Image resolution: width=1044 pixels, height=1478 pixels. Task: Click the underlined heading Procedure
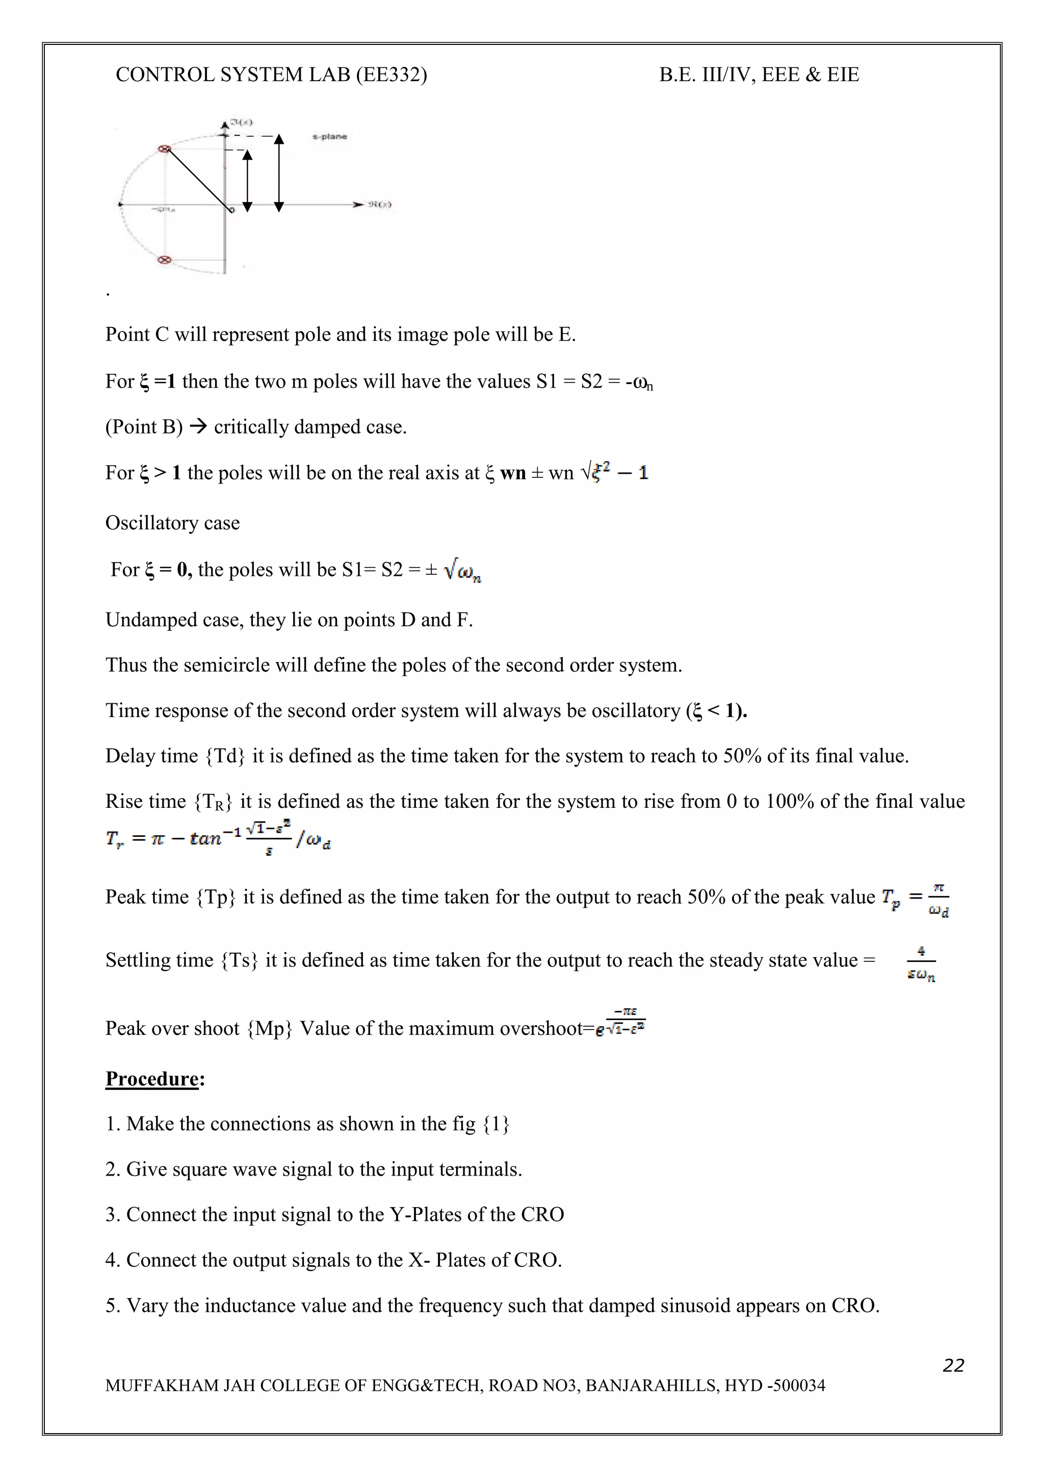[x=152, y=1078]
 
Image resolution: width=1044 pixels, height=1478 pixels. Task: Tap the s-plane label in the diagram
[x=329, y=137]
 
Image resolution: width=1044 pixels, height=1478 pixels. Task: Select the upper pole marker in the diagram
[x=165, y=149]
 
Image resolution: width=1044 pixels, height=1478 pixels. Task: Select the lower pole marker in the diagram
[x=165, y=260]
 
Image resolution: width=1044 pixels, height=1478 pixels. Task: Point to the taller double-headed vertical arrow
[x=278, y=172]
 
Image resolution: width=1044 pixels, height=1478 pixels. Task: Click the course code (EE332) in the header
[x=391, y=74]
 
